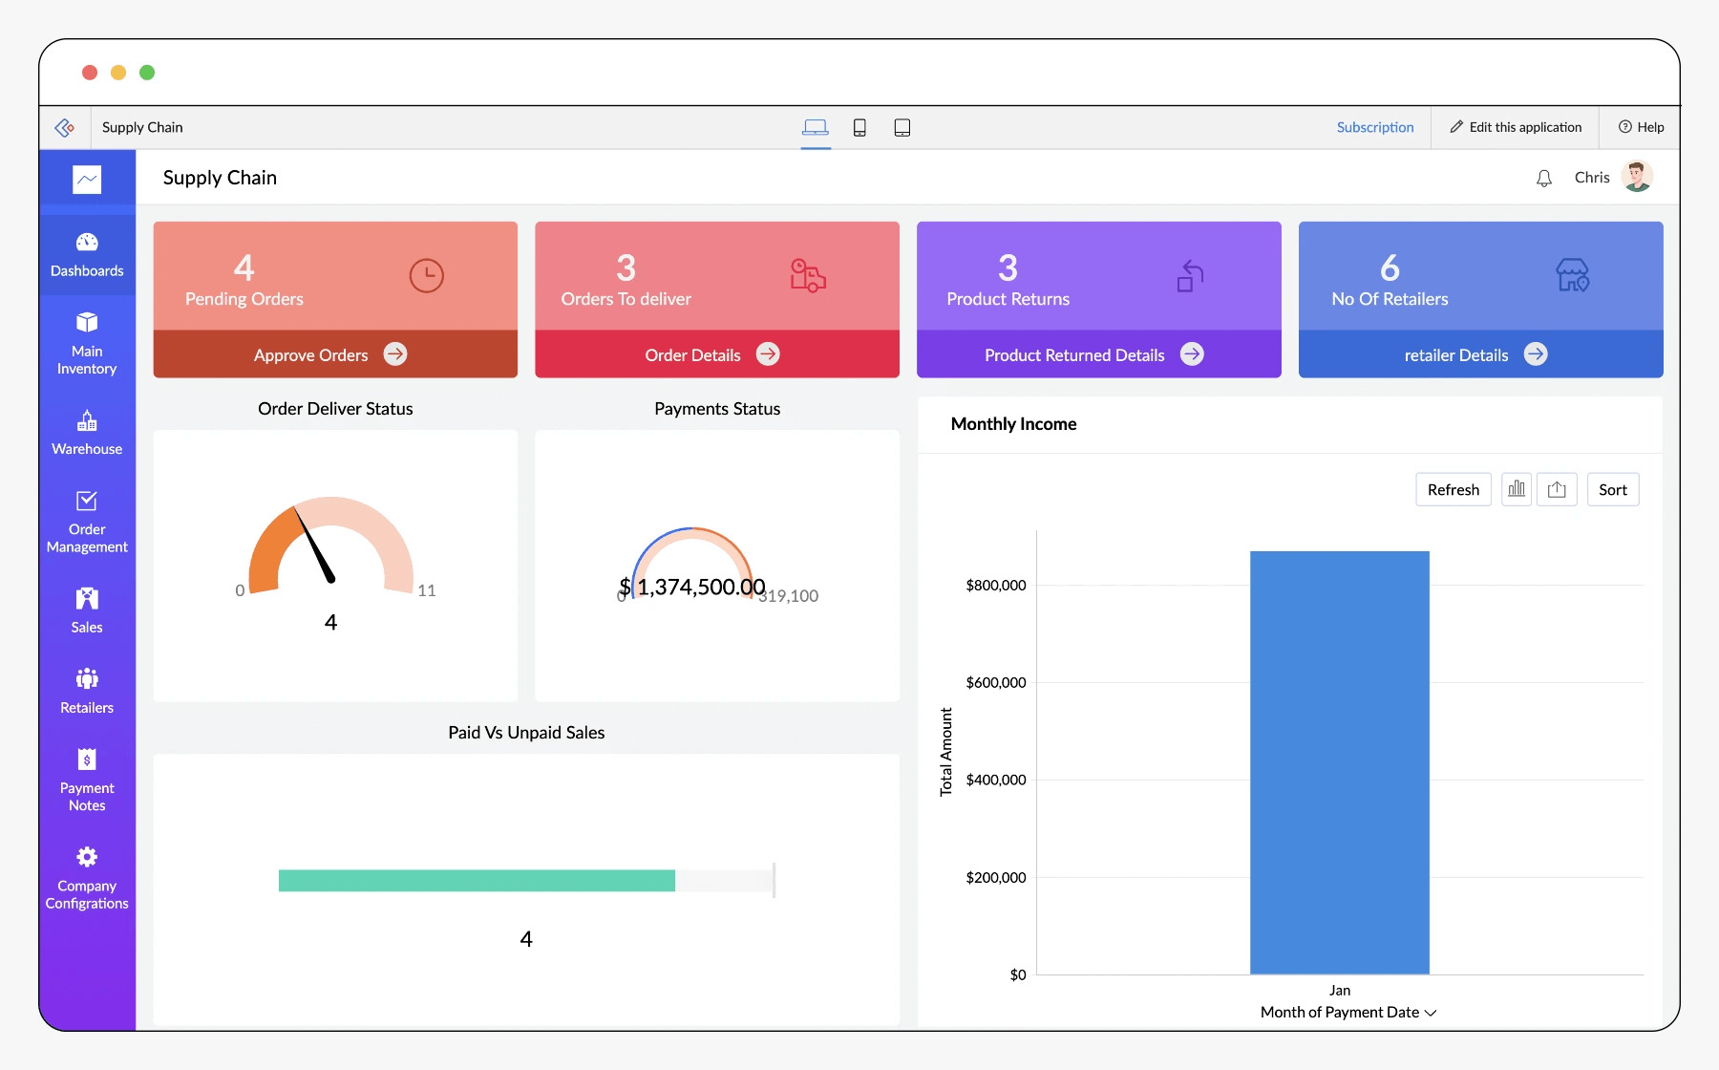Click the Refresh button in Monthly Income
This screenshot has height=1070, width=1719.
[x=1453, y=490]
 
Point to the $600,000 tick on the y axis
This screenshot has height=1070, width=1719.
[x=996, y=682]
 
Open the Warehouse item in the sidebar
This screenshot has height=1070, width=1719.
[x=87, y=433]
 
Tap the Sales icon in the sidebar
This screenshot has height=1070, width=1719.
[x=87, y=599]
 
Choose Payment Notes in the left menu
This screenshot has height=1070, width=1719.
[x=87, y=780]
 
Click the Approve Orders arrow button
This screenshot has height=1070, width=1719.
[x=395, y=354]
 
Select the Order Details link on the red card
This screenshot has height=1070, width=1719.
[x=693, y=355]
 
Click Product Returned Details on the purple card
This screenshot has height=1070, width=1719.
[x=1074, y=355]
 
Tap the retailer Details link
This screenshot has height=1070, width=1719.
[x=1456, y=355]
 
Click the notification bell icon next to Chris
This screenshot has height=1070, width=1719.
[x=1543, y=179]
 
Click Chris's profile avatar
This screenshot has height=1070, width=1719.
[x=1637, y=177]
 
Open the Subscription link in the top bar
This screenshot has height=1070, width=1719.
[x=1374, y=127]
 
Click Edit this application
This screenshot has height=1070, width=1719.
[x=1516, y=127]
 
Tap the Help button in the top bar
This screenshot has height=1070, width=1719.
[x=1641, y=127]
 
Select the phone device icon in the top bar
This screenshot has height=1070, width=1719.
[x=859, y=128]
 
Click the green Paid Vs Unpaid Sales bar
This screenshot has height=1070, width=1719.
[x=477, y=880]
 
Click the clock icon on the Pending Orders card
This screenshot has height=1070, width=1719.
[x=426, y=276]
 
